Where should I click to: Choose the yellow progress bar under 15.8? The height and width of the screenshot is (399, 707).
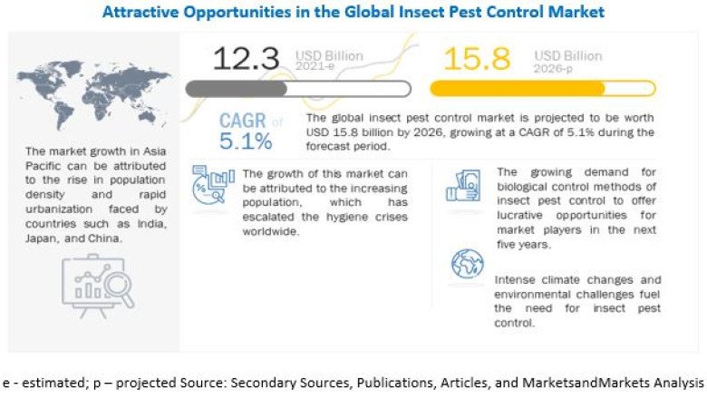tap(542, 89)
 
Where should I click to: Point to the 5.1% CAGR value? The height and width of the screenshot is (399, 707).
tap(246, 141)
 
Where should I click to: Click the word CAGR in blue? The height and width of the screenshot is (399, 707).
tap(243, 121)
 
